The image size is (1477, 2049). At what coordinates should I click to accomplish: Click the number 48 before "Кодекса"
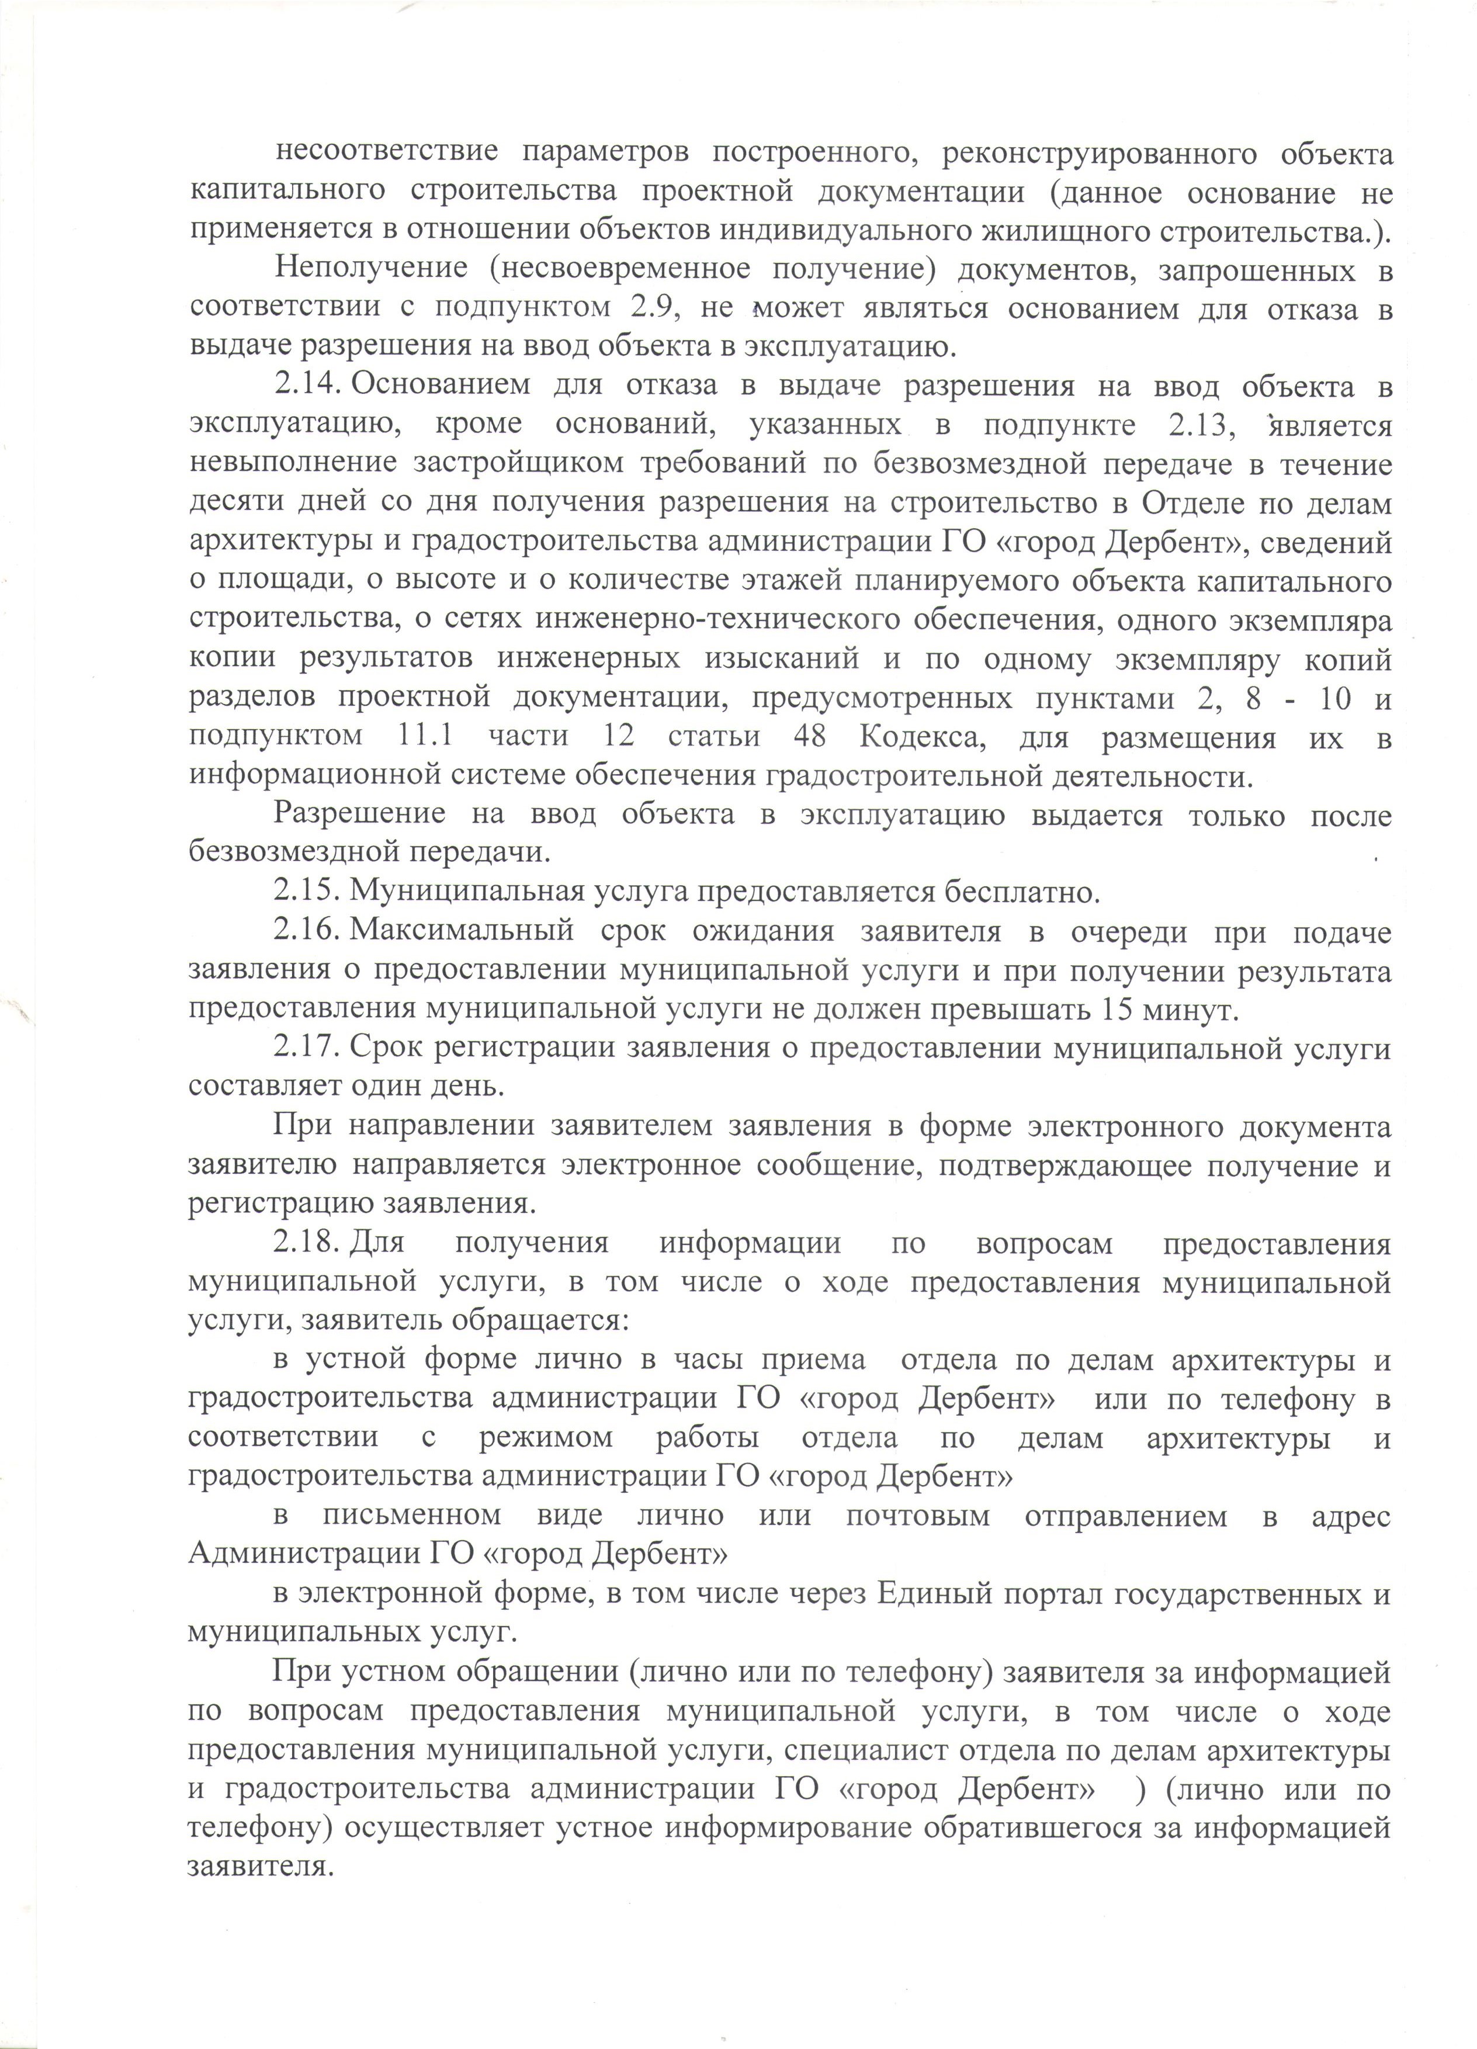coord(809,736)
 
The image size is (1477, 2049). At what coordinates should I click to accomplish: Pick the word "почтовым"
coord(917,1516)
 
